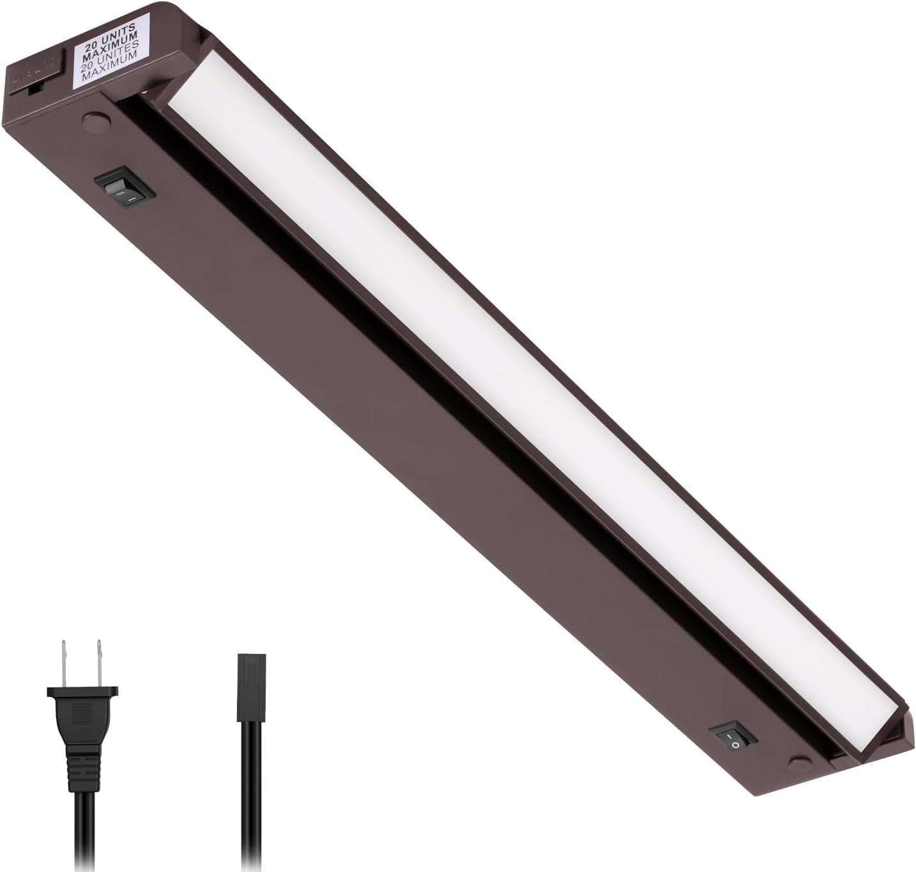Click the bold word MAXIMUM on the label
tap(113, 47)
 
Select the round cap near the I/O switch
tap(797, 762)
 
